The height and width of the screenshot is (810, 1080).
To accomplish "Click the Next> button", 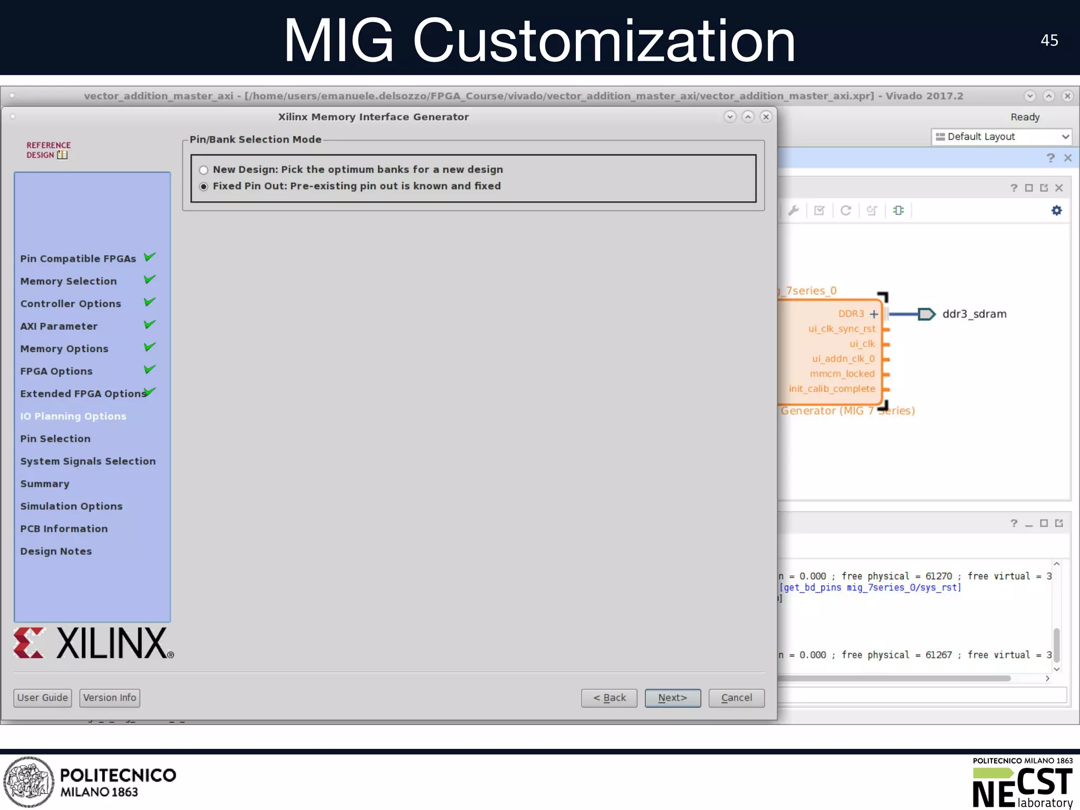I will click(672, 698).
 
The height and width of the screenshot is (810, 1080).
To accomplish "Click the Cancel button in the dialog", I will click(736, 698).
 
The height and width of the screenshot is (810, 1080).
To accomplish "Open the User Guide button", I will click(42, 698).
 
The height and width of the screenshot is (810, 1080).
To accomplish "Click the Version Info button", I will click(110, 698).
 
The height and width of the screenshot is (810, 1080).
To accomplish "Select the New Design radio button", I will click(204, 170).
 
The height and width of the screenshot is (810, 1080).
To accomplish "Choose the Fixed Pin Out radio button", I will click(204, 187).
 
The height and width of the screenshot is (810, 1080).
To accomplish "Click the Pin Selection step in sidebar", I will click(55, 439).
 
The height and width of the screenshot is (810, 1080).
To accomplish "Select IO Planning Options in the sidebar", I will click(73, 416).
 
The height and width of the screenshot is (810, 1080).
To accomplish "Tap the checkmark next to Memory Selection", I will click(150, 279).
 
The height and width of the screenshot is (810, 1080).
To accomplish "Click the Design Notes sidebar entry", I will click(56, 551).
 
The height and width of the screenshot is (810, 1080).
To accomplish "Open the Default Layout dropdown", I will click(1001, 137).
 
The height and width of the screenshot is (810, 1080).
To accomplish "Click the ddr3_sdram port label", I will click(974, 314).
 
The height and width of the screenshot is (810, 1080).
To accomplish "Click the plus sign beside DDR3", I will click(874, 314).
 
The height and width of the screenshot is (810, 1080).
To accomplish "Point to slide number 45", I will click(1049, 41).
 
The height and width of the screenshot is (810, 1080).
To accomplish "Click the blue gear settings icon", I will click(1056, 210).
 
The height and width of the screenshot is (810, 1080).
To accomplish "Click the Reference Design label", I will click(47, 150).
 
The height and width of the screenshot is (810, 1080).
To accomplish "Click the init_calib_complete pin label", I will click(832, 389).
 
